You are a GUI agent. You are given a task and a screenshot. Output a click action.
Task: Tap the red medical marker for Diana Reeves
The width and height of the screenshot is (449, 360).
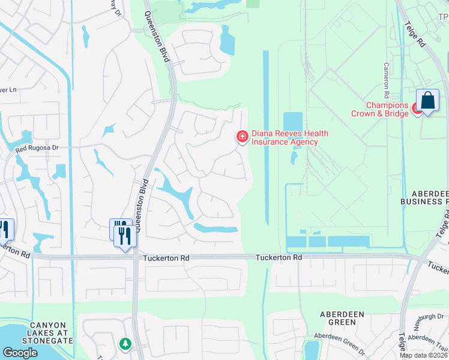(243, 137)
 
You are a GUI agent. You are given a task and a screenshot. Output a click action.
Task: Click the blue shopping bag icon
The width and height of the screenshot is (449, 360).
(427, 101)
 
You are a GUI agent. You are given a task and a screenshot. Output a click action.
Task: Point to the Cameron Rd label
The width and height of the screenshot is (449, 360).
(387, 80)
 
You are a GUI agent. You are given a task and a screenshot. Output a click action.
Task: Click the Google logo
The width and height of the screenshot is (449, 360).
(20, 353)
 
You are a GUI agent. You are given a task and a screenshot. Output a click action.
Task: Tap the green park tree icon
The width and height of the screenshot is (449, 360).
(125, 344)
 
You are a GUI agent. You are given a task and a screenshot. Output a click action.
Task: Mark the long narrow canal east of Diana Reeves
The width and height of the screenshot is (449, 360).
(266, 138)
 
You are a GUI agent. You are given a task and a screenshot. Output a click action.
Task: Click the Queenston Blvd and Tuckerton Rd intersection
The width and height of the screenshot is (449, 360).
(137, 257)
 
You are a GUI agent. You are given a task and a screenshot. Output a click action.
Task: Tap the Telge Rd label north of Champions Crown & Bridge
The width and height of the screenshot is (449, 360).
(414, 35)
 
